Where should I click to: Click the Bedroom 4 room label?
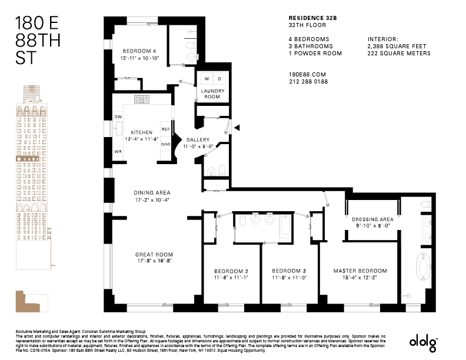[x=139, y=51]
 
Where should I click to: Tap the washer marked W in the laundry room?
[x=207, y=79]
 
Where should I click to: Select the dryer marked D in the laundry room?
[x=219, y=79]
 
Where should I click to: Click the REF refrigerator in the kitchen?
[x=165, y=129]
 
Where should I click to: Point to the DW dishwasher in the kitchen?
[x=118, y=116]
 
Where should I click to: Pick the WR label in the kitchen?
[x=118, y=152]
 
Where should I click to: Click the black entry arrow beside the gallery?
[x=237, y=128]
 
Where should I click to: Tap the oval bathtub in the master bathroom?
[x=423, y=266]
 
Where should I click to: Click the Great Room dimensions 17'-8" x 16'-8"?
[x=154, y=261]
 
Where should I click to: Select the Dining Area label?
[x=152, y=192]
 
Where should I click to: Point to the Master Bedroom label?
[x=360, y=271]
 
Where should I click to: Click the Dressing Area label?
[x=372, y=219]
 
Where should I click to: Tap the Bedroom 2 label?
[x=231, y=271]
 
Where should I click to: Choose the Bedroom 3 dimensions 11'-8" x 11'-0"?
[x=289, y=278]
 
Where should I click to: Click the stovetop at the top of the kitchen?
[x=142, y=99]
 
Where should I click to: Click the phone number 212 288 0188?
[x=308, y=82]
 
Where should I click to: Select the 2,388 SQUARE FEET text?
[x=397, y=46]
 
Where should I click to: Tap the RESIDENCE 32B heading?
[x=312, y=18]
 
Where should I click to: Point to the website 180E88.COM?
[x=307, y=75]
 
